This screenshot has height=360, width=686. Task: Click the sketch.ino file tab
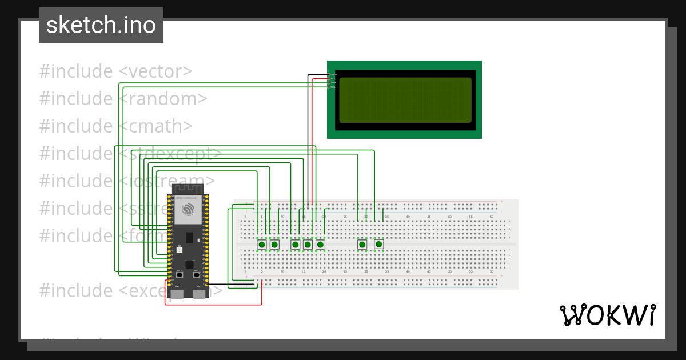(101, 25)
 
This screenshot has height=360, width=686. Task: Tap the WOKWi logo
(607, 315)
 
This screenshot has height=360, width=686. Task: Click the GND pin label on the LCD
(333, 74)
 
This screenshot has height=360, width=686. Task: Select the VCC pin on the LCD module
(333, 78)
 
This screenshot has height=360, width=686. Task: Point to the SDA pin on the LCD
(333, 83)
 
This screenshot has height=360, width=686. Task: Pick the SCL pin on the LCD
(333, 87)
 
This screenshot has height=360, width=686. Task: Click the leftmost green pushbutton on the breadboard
(262, 245)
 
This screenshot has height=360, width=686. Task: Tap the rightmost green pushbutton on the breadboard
(378, 245)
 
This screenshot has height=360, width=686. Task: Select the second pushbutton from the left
(274, 245)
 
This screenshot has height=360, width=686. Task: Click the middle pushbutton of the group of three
(308, 245)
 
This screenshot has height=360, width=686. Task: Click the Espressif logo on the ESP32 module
(188, 210)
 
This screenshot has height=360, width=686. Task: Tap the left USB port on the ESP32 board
(177, 294)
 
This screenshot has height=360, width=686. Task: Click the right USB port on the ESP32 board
(199, 294)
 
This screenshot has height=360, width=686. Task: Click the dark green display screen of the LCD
(405, 100)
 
